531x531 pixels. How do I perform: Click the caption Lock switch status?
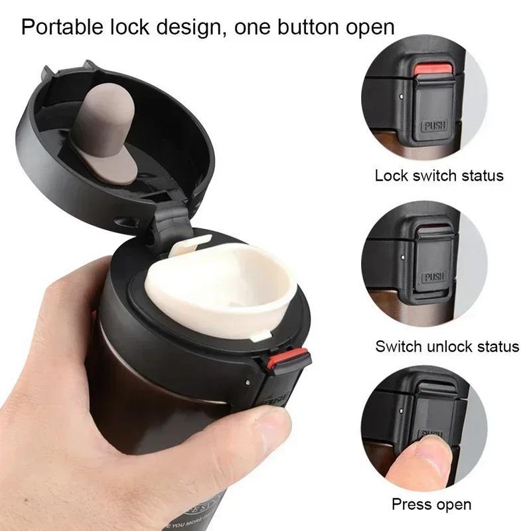click(x=439, y=176)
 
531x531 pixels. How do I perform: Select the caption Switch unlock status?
click(x=447, y=346)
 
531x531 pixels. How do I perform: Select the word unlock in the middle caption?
click(x=451, y=346)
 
